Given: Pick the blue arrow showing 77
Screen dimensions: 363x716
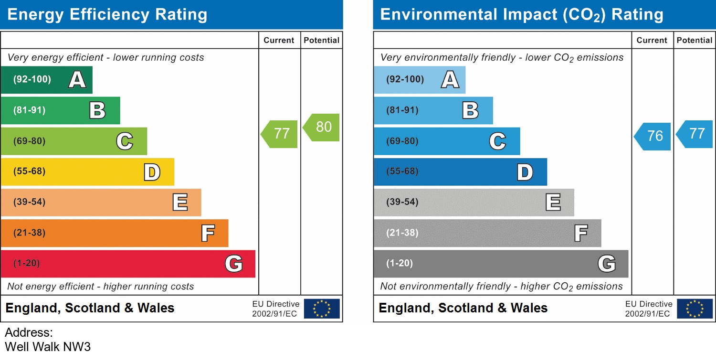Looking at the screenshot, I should click(x=695, y=134).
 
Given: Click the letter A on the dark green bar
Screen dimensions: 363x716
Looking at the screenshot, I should click(x=77, y=80).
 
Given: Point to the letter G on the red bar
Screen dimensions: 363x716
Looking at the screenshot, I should click(x=233, y=264).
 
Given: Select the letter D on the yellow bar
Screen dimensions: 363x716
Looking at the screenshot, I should click(x=152, y=172).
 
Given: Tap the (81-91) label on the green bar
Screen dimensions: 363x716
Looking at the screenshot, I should click(x=29, y=110).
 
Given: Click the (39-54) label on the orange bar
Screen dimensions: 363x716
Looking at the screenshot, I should click(x=29, y=202).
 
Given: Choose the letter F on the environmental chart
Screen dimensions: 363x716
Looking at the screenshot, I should click(x=580, y=233).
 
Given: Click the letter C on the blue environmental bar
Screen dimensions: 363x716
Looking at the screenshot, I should click(x=497, y=141).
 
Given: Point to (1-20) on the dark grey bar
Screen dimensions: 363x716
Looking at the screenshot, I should click(x=400, y=264).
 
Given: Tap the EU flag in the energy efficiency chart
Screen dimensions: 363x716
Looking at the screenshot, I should click(x=322, y=309).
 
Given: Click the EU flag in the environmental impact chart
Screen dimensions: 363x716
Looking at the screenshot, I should click(x=695, y=309).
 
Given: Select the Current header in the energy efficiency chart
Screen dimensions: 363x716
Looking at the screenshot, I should click(x=279, y=41).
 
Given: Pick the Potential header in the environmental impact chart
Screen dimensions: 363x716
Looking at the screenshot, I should click(x=695, y=41).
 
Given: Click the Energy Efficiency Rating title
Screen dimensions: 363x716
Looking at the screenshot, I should click(x=107, y=15).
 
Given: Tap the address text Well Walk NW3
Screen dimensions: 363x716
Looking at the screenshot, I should click(x=48, y=346).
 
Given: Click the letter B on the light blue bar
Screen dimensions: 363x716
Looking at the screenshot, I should click(x=470, y=110).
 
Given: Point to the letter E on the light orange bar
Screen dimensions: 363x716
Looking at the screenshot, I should click(x=180, y=203).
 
